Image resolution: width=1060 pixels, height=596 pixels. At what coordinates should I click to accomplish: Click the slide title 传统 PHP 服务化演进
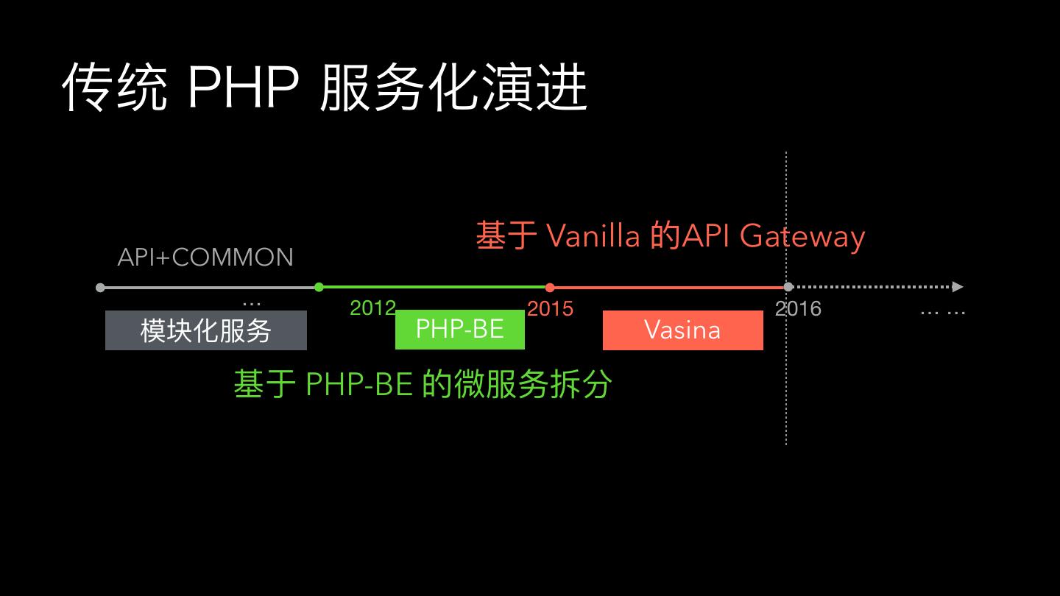(x=324, y=88)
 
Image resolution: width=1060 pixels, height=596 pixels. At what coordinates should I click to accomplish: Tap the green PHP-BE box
(x=460, y=329)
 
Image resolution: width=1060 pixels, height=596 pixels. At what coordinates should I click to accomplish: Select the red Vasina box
(x=682, y=330)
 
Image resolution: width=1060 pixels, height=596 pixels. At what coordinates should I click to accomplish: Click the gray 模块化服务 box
(x=206, y=330)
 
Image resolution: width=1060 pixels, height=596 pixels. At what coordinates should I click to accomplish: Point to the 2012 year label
(x=372, y=308)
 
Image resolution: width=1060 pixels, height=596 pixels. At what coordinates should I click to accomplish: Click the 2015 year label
(x=550, y=308)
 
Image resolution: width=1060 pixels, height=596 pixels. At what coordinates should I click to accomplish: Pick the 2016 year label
(x=798, y=308)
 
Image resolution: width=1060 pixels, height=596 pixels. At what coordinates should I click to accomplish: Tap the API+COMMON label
(x=205, y=257)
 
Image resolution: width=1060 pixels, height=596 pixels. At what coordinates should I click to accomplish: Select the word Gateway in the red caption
(x=802, y=236)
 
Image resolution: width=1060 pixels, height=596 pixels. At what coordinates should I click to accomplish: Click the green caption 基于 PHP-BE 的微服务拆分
(x=423, y=384)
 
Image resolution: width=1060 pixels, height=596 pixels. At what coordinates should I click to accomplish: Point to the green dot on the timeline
(x=319, y=287)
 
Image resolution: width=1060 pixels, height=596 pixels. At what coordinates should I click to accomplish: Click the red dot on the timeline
(x=550, y=288)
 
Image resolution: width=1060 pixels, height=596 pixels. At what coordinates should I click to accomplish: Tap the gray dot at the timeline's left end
(x=100, y=288)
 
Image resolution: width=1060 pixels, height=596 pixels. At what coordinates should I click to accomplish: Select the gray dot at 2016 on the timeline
(x=788, y=287)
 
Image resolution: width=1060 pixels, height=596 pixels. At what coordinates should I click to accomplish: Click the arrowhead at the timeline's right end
(x=957, y=287)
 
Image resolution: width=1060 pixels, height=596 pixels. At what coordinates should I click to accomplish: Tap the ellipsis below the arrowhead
(x=943, y=313)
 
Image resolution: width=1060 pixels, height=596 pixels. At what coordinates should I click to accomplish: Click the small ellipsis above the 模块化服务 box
(x=251, y=302)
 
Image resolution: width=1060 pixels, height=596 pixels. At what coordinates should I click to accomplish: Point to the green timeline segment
(x=434, y=287)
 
